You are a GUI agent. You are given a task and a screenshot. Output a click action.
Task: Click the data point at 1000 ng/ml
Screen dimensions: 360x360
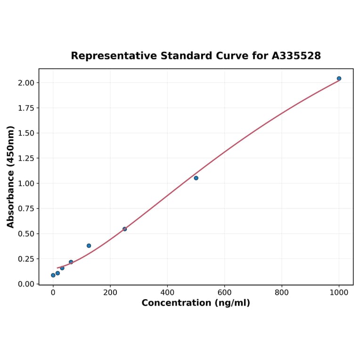tap(339, 78)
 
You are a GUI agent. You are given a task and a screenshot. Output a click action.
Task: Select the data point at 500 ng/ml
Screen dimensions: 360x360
tap(196, 178)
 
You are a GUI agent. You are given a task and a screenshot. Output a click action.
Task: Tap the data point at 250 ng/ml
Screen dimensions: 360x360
tap(124, 229)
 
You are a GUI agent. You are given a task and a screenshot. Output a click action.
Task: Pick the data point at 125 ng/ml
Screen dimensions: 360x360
tap(89, 245)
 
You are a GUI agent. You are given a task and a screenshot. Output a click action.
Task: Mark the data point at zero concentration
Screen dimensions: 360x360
tap(53, 275)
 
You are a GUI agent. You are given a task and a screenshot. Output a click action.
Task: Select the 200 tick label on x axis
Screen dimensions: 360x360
tap(110, 293)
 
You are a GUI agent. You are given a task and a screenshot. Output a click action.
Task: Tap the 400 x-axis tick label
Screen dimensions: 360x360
tap(167, 293)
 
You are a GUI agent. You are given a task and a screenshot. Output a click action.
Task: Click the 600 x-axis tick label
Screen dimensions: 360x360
tap(225, 293)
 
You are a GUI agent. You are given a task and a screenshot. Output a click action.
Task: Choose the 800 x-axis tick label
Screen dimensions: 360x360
tap(282, 293)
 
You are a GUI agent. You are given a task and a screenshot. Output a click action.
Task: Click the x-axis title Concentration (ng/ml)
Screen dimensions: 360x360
tap(196, 303)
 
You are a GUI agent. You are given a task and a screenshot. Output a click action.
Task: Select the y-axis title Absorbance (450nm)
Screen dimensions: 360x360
tap(11, 177)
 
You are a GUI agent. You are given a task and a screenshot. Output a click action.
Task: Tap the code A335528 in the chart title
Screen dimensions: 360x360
tap(296, 56)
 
